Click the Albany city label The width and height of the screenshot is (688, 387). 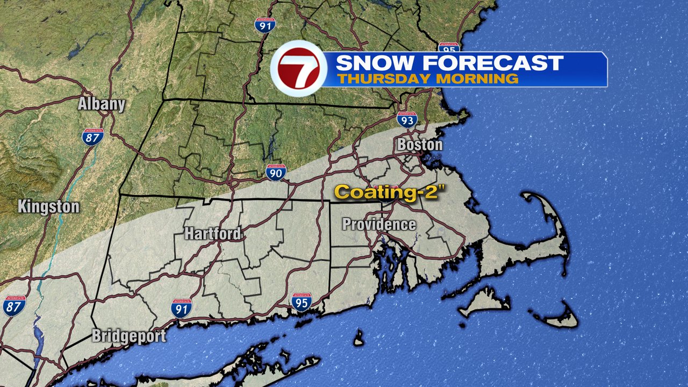tap(101, 104)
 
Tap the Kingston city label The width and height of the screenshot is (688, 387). tap(48, 206)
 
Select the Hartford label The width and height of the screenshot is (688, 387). tap(212, 234)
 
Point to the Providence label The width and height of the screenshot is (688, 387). tap(379, 224)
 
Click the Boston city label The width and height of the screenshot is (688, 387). tap(420, 145)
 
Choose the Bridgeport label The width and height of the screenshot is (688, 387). tap(128, 336)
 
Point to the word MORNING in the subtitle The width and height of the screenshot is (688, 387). tap(476, 78)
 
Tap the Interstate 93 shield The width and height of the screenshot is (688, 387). tap(407, 119)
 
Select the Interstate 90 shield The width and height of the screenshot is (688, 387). tap(276, 173)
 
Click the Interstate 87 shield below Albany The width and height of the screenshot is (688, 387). tap(92, 137)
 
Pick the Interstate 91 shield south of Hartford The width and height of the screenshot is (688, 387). tap(182, 307)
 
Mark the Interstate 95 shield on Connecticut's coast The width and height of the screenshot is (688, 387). tap(302, 302)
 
